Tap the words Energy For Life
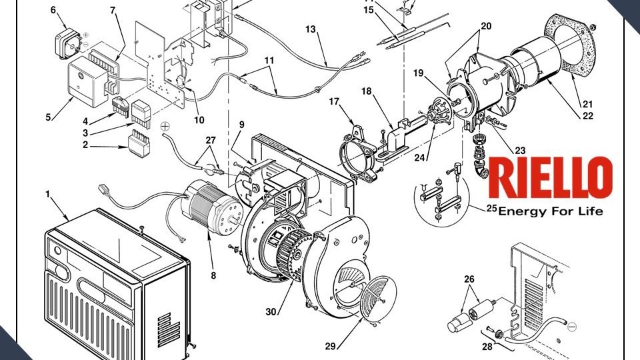coord(551,211)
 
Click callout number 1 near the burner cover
coord(47,194)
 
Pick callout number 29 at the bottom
coord(329,346)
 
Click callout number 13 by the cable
coord(311,30)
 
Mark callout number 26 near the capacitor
coord(469,279)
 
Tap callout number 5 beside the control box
coord(48,118)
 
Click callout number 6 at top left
coord(53,10)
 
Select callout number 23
coord(520,150)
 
